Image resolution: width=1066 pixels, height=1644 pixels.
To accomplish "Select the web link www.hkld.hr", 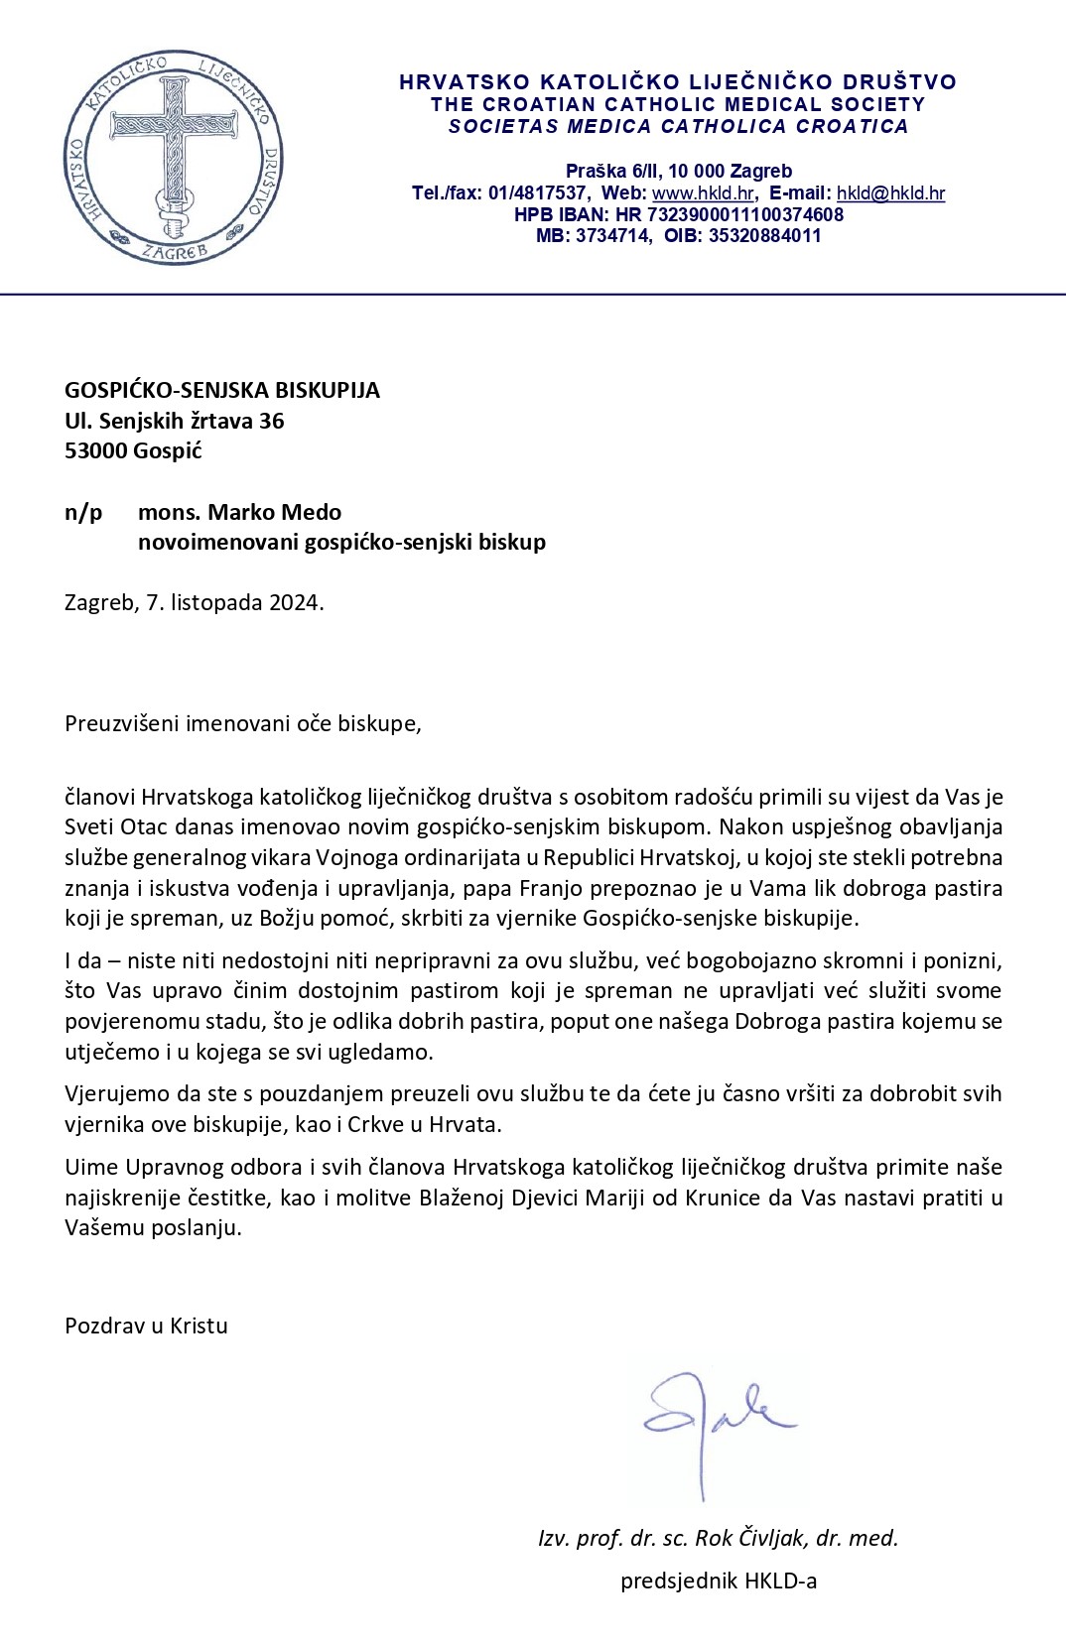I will click(x=703, y=193).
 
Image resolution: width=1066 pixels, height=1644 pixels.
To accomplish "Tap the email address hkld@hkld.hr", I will click(x=890, y=193).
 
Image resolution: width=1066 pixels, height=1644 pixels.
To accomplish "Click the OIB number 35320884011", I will click(x=764, y=236).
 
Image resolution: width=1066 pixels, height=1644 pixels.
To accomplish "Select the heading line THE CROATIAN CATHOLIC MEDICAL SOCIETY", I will click(x=678, y=104).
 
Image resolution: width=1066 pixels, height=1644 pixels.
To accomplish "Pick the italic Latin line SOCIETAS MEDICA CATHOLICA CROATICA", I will click(x=678, y=126).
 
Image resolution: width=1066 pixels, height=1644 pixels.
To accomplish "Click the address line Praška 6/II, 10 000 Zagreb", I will click(x=679, y=172).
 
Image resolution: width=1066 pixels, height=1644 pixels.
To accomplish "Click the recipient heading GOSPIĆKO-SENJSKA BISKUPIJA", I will click(x=222, y=390).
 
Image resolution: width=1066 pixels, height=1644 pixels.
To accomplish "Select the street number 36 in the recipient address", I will click(x=271, y=421).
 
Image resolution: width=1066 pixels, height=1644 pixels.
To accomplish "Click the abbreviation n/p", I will click(x=83, y=512).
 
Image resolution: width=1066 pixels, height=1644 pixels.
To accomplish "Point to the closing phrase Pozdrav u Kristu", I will click(x=146, y=1326).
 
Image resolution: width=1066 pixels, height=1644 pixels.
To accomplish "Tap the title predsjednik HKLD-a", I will click(x=719, y=1581).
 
